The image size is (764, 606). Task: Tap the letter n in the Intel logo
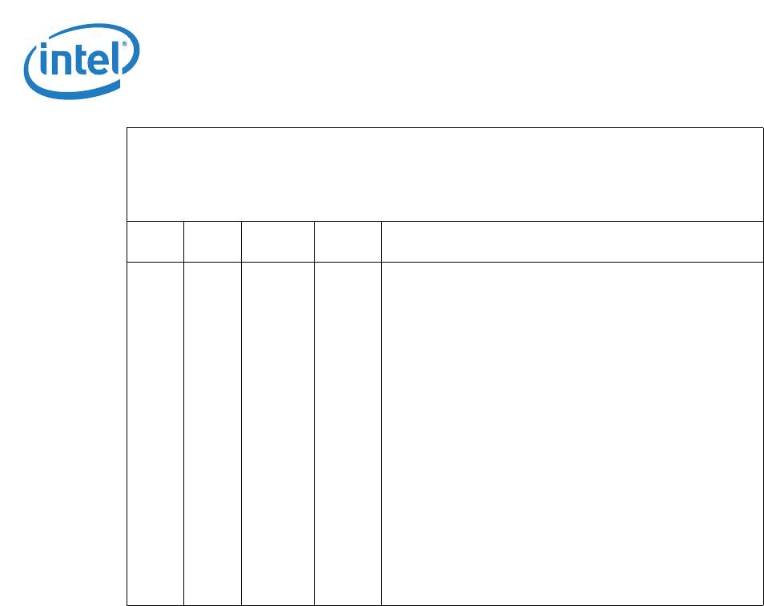(60, 63)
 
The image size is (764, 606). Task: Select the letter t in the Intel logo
(79, 60)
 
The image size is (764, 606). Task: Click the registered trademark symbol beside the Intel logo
(123, 46)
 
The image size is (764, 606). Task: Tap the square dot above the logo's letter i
(45, 48)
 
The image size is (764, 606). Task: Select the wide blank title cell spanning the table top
(444, 174)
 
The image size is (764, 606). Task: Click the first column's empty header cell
(155, 241)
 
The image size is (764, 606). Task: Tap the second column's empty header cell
(212, 241)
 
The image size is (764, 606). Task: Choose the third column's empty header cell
(278, 241)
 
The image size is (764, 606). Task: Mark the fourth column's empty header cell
(348, 241)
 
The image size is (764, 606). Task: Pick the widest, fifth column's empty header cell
(572, 241)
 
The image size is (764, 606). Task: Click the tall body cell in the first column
(155, 432)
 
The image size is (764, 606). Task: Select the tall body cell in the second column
(212, 432)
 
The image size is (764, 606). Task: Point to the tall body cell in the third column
(278, 432)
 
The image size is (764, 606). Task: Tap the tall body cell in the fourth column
(348, 432)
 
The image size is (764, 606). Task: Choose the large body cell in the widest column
(572, 432)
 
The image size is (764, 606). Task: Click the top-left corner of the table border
(127, 128)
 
